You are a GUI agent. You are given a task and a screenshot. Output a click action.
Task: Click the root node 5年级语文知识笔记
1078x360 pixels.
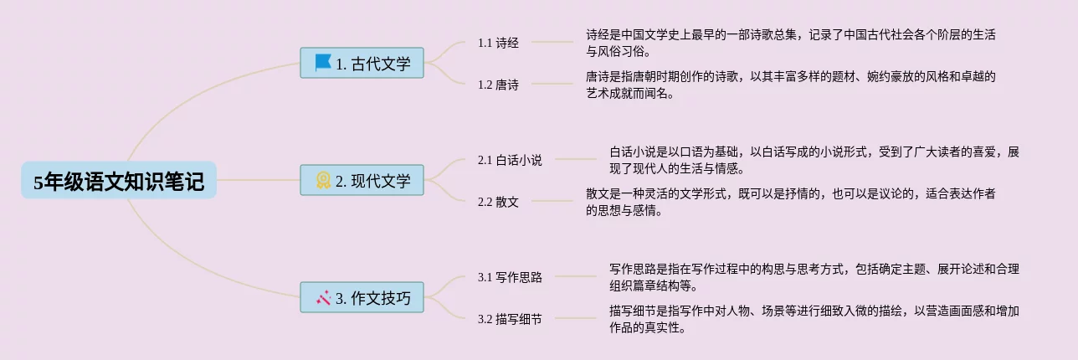(x=119, y=181)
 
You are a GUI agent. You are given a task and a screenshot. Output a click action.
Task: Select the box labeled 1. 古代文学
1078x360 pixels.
(x=362, y=64)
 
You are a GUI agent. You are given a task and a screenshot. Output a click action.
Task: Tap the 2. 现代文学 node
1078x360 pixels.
(x=362, y=181)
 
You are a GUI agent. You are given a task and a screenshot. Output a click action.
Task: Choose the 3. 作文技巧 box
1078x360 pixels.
(x=362, y=298)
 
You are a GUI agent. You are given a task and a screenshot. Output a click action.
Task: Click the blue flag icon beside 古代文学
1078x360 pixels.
(x=323, y=63)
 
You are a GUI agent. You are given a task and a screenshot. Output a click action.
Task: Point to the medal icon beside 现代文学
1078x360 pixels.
(x=323, y=180)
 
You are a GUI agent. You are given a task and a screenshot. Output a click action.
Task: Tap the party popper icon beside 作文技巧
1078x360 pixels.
(x=323, y=297)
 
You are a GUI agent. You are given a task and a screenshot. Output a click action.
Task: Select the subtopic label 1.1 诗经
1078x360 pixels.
(x=498, y=43)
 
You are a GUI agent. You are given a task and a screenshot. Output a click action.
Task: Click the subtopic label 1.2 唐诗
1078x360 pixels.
(x=498, y=85)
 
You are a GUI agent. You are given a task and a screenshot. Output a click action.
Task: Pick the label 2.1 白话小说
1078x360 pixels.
(x=510, y=160)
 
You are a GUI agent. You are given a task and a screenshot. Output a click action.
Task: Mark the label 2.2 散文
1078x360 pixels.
(x=498, y=202)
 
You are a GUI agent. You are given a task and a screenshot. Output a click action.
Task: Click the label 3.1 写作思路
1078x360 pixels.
(x=510, y=277)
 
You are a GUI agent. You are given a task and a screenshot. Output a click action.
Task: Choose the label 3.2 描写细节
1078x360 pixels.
(x=510, y=319)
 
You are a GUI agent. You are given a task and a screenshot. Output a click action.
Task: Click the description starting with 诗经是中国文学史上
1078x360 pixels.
(x=790, y=43)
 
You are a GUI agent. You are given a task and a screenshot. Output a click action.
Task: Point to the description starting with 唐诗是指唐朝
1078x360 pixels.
(x=790, y=85)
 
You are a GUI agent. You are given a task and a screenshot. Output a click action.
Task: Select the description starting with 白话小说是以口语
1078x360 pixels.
(x=814, y=160)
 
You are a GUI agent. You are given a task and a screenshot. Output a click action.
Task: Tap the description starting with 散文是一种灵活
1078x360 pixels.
(x=790, y=202)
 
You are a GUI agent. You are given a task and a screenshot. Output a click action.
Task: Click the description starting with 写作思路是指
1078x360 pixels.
(x=814, y=277)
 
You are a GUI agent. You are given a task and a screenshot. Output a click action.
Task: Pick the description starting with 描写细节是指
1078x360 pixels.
(x=814, y=319)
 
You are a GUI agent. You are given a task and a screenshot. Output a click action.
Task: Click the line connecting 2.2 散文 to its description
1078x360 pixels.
(x=552, y=201)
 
